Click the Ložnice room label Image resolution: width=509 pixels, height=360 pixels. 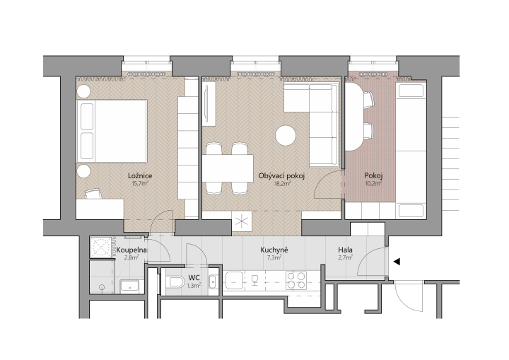(x=140, y=176)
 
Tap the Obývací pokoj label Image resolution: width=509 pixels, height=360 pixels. (x=281, y=176)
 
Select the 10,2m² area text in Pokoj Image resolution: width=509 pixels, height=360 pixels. (x=373, y=183)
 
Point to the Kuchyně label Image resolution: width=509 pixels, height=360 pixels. (x=274, y=250)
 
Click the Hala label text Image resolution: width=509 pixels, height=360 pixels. (x=346, y=250)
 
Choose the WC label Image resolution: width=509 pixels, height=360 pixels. (x=194, y=278)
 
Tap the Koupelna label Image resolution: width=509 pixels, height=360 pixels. (x=131, y=250)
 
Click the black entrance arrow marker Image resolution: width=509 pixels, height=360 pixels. (x=397, y=262)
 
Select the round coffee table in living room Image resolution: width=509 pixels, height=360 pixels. (x=286, y=136)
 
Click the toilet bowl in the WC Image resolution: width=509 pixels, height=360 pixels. (x=175, y=281)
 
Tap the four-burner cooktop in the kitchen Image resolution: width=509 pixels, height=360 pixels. (x=296, y=281)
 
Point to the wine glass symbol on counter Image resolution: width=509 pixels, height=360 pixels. (x=255, y=280)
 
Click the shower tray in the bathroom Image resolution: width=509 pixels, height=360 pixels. (x=102, y=248)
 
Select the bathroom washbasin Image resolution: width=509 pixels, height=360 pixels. (x=129, y=287)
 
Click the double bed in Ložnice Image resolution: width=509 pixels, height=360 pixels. (x=112, y=131)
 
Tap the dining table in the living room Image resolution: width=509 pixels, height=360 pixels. (x=228, y=168)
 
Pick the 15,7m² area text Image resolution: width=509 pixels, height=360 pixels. (x=140, y=183)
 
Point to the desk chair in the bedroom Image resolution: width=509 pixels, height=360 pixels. (x=93, y=194)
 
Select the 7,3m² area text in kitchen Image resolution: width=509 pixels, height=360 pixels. (x=274, y=257)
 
